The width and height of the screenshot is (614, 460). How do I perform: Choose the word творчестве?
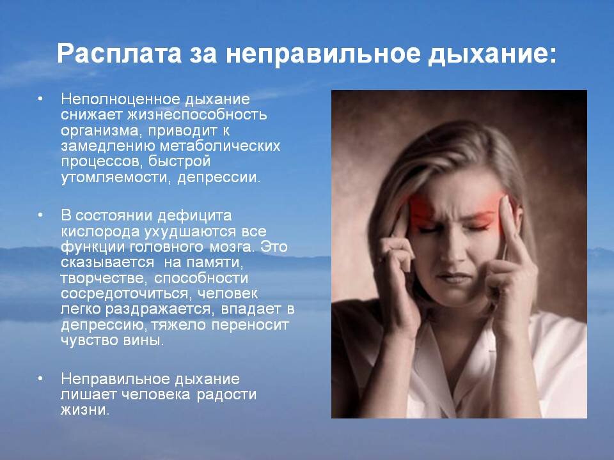tap(97, 279)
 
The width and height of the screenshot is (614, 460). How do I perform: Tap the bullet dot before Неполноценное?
tap(40, 100)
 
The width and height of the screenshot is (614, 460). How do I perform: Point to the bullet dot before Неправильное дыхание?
tap(40, 378)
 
